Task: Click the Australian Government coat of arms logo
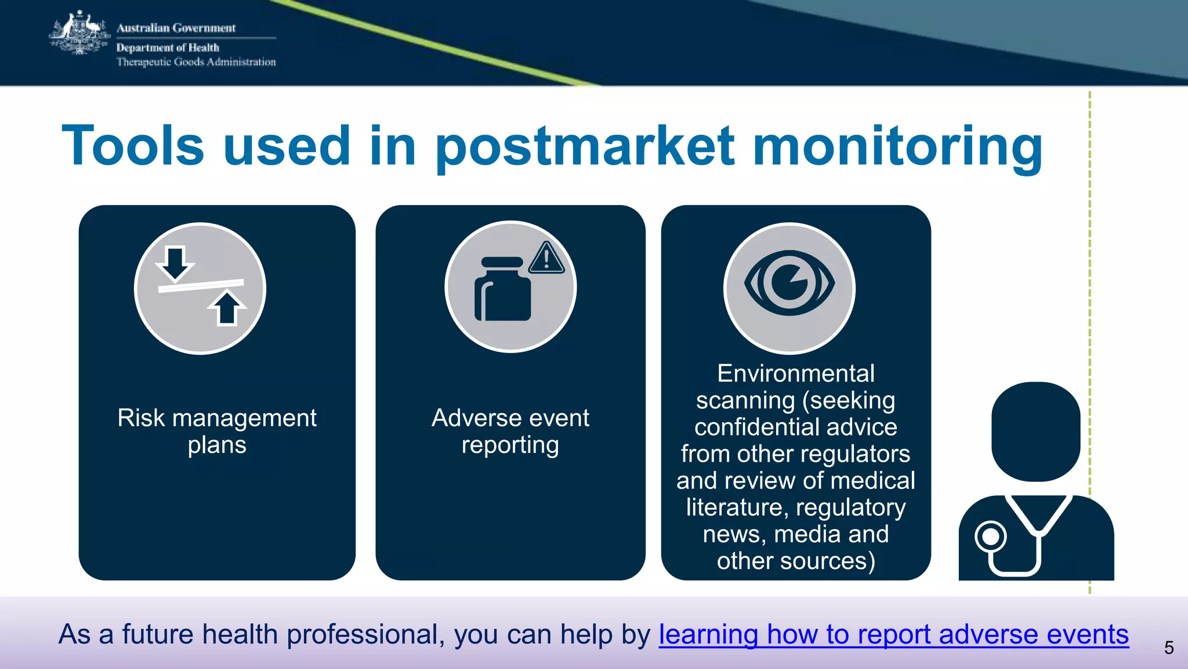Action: point(79,34)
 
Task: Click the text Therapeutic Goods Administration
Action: point(196,62)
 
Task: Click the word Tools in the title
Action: point(133,146)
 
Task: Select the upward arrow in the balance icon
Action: point(227,308)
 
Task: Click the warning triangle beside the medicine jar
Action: point(546,258)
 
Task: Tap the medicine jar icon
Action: point(502,290)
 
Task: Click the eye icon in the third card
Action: point(789,283)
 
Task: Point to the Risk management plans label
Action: point(217,431)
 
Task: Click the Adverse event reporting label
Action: point(510,431)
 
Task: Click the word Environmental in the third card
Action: point(795,373)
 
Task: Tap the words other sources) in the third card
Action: point(795,561)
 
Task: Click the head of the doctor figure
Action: point(1035,431)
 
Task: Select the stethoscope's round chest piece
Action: point(990,537)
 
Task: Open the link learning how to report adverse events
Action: point(893,634)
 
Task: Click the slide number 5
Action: point(1169,648)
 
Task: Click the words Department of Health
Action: point(168,48)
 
